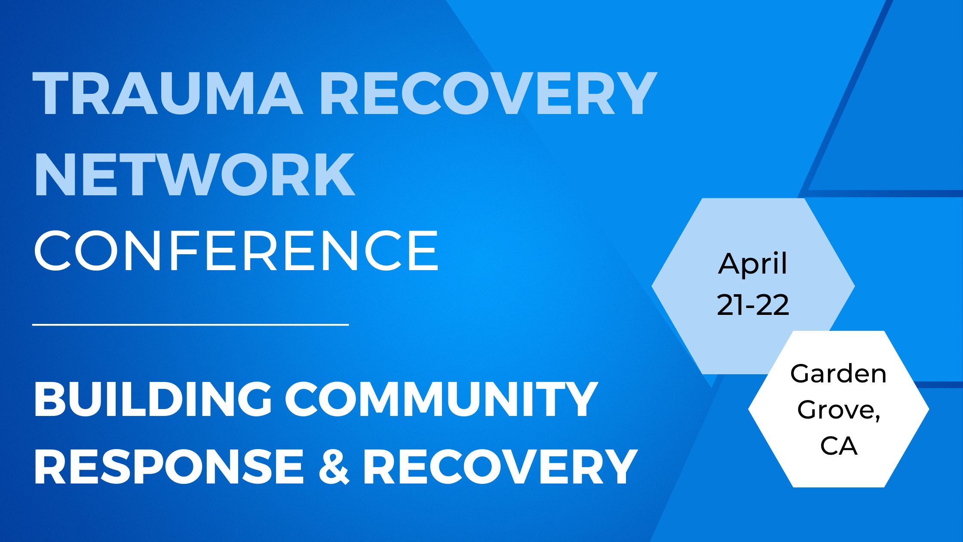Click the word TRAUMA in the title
point(168,93)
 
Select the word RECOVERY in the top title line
point(489,93)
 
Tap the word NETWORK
point(195,174)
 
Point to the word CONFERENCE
point(236,250)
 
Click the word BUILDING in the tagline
point(153,399)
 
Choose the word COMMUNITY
point(442,399)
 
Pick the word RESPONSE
point(169,466)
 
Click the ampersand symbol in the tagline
point(334,466)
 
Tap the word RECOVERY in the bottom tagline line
point(500,466)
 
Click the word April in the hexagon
point(753,264)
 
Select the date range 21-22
point(753,305)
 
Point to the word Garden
point(838,373)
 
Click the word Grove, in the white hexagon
point(839,410)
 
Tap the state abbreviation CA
point(839,446)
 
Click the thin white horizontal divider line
point(190,325)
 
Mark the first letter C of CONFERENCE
point(52,250)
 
